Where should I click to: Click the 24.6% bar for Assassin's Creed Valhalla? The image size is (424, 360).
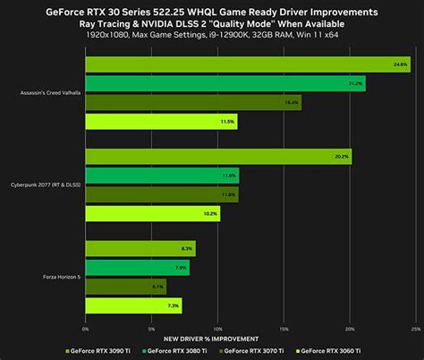click(248, 64)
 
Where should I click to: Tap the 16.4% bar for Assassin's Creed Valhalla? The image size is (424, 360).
click(193, 102)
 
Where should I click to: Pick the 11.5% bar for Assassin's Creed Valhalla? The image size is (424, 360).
click(161, 121)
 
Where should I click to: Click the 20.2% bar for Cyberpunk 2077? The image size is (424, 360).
click(218, 157)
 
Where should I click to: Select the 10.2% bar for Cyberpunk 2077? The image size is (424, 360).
click(152, 213)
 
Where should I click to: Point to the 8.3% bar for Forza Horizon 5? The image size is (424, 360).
click(140, 248)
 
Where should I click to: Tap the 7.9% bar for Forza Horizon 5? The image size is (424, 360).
click(137, 267)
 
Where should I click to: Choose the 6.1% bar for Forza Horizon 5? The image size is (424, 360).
click(125, 287)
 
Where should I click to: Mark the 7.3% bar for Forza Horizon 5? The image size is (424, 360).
click(133, 305)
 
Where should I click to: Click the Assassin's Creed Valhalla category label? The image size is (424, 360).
click(45, 92)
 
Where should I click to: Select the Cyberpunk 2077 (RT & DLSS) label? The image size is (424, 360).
click(44, 185)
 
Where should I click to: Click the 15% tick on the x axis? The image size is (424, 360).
click(283, 328)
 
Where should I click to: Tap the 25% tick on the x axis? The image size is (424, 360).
click(414, 328)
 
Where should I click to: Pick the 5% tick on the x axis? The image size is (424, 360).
click(151, 328)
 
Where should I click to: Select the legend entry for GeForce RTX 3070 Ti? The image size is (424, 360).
click(270, 350)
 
